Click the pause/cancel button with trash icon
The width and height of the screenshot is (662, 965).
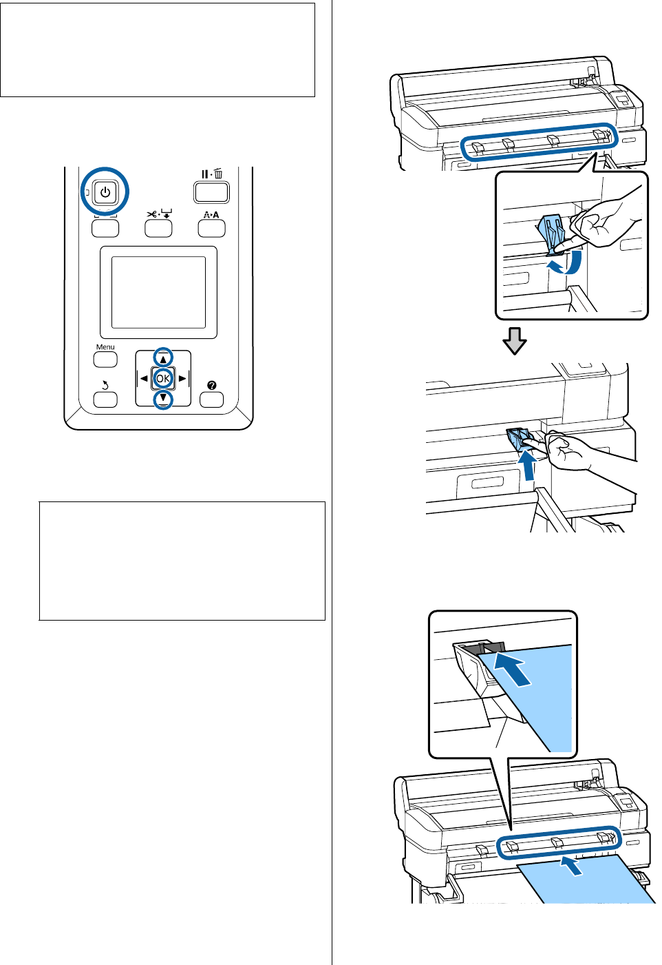(x=211, y=191)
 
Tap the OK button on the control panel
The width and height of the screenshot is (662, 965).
(x=162, y=378)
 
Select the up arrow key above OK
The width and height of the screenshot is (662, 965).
(x=162, y=357)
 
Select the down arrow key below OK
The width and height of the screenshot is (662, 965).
(x=162, y=398)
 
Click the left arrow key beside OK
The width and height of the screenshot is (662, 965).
(x=143, y=378)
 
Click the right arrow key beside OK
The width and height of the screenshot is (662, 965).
(x=182, y=378)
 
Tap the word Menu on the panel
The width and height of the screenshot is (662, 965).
(x=105, y=347)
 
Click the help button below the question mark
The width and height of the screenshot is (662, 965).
(x=211, y=400)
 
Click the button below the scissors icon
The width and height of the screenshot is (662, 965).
(x=158, y=229)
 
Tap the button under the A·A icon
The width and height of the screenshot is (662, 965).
(x=211, y=229)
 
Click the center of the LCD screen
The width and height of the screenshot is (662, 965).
(x=158, y=292)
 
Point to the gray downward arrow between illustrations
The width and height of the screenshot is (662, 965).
(x=514, y=340)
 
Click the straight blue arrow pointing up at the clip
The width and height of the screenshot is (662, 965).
(x=527, y=465)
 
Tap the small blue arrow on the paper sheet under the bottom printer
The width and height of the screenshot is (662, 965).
(x=572, y=865)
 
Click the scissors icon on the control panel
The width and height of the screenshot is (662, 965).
(x=151, y=214)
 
